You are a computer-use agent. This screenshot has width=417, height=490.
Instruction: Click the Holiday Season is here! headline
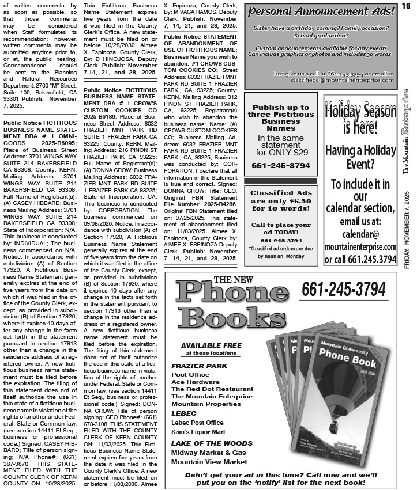click(360, 119)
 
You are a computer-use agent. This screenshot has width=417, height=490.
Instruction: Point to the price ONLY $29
click(281, 153)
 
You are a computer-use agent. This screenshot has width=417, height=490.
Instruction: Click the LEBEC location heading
click(184, 413)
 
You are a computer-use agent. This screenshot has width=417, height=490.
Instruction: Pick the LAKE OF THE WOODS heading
click(212, 443)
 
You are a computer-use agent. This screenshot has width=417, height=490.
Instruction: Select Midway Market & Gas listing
click(208, 453)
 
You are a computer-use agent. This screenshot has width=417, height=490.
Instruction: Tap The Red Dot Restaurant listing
click(212, 389)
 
